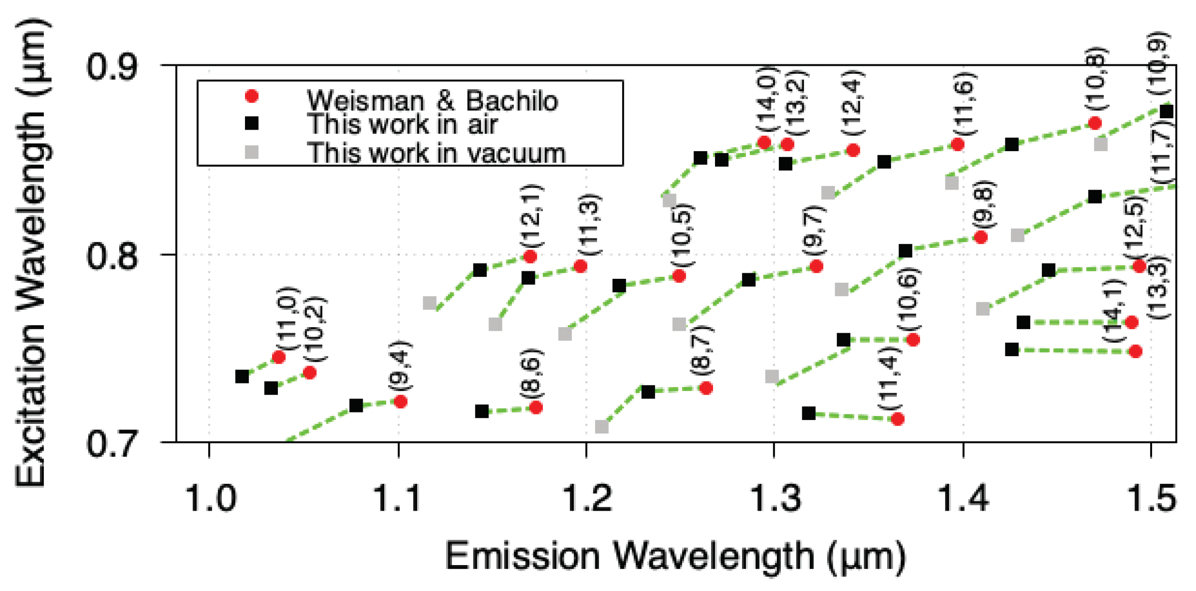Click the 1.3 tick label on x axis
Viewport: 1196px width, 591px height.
point(775,498)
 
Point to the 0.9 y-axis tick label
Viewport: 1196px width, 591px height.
point(111,67)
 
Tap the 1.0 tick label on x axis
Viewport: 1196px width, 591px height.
point(210,498)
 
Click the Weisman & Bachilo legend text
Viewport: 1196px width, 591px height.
point(432,100)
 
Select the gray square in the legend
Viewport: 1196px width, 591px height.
point(252,152)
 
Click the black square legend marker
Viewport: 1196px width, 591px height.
point(252,123)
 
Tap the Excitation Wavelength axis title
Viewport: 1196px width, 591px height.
point(31,253)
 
